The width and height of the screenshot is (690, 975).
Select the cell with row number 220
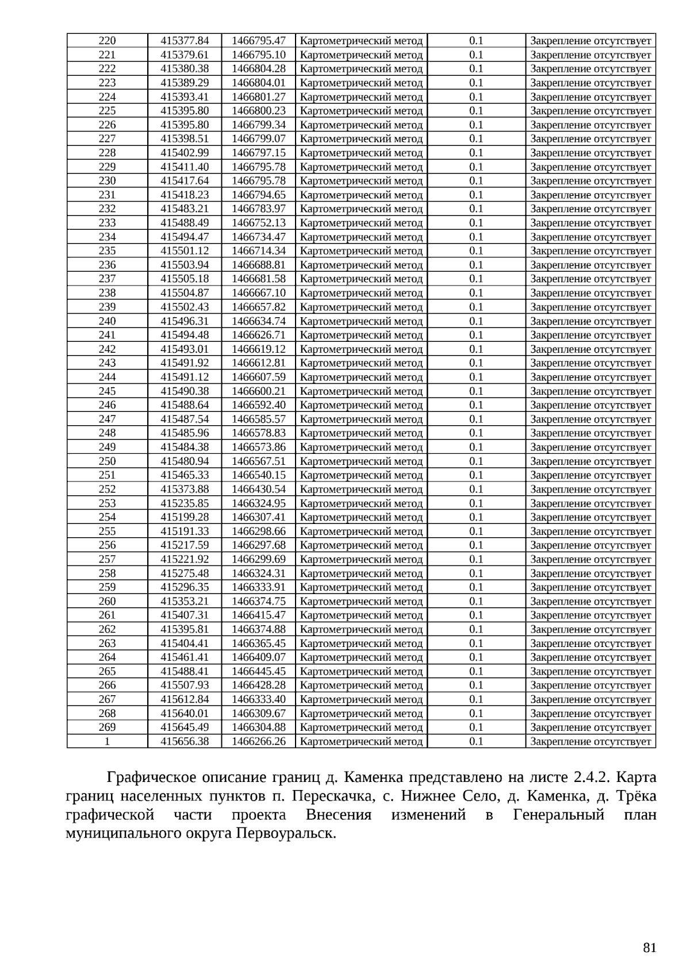click(107, 41)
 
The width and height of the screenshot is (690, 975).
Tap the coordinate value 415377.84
click(184, 41)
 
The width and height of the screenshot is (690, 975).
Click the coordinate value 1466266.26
click(258, 741)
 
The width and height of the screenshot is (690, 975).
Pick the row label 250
click(107, 461)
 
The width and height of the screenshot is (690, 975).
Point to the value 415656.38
click(184, 741)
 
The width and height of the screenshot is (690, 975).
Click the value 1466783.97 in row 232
click(258, 209)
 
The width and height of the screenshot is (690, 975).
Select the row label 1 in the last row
click(107, 741)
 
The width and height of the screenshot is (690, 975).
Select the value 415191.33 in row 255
click(184, 531)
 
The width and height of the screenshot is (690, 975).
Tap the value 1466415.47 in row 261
click(258, 615)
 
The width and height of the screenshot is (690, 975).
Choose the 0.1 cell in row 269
click(476, 727)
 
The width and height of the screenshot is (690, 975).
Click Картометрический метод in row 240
click(361, 321)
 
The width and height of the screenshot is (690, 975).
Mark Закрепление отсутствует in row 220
click(590, 41)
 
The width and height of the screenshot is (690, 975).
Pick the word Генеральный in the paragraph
click(558, 815)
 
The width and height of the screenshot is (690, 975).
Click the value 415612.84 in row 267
click(184, 699)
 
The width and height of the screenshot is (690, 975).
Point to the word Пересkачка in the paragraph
click(329, 796)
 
